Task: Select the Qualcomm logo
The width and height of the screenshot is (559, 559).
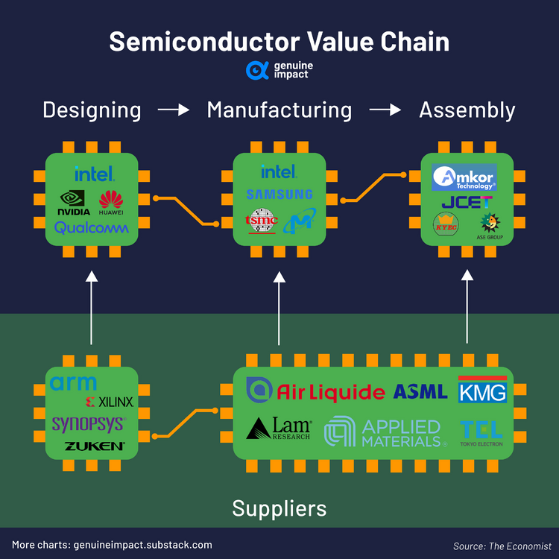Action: pos(92,227)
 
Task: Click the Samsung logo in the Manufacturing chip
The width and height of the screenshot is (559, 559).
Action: pos(279,195)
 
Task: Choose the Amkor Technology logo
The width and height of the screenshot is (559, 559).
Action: pos(464,177)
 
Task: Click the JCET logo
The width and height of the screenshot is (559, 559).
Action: pos(467,202)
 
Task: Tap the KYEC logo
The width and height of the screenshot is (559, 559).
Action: pos(446,224)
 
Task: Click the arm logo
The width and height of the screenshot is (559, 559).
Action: pos(73,383)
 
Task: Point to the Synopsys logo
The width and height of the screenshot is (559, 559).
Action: pos(89,424)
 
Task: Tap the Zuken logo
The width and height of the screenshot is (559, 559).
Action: pos(94,446)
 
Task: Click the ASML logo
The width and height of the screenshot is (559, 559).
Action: pos(420,392)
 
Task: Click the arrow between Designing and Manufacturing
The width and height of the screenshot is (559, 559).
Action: pos(174,110)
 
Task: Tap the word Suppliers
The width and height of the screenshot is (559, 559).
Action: pos(279,508)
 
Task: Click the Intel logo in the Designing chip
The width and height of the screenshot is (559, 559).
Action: pos(94,174)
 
